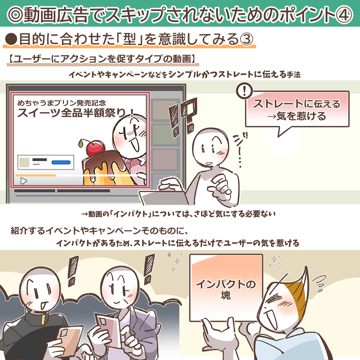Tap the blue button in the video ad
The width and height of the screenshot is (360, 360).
point(61,162)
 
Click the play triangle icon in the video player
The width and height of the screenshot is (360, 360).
point(23,181)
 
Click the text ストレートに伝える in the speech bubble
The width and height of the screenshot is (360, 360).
point(297,104)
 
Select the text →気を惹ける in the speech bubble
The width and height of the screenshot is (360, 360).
point(297,117)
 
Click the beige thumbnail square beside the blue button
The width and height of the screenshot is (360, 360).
point(24,162)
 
